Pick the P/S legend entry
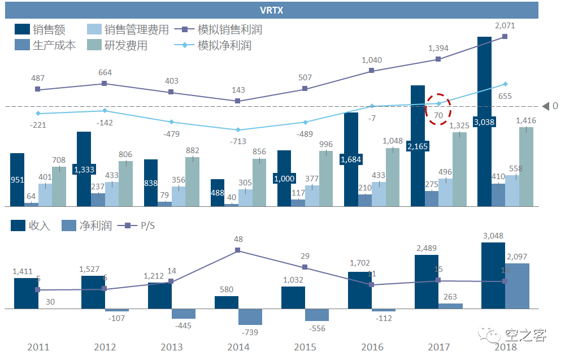[138, 225]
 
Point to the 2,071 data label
[505, 25]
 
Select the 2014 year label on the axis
[238, 347]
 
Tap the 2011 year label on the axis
[38, 347]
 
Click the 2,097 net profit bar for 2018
[517, 286]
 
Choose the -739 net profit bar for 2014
[250, 316]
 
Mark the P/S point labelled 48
[238, 250]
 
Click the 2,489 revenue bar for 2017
[427, 281]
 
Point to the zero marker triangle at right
[546, 106]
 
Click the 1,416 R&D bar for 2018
[526, 167]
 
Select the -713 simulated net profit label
[237, 141]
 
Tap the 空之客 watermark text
[525, 336]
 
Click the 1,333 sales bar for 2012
[84, 169]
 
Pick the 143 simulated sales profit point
[238, 101]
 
